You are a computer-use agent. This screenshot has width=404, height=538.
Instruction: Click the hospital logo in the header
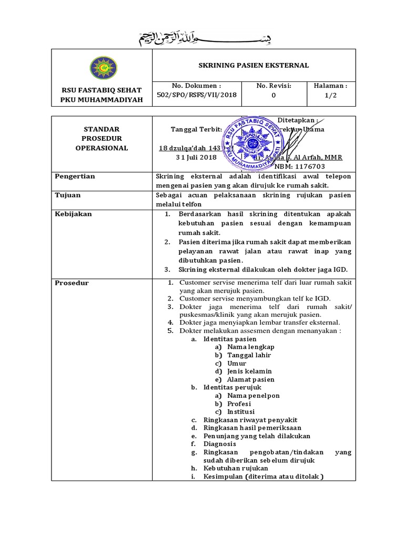pyautogui.click(x=101, y=68)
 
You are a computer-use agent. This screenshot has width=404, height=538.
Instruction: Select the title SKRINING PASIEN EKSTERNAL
pyautogui.click(x=253, y=66)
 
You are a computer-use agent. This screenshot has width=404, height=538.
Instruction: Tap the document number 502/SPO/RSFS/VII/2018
pyautogui.click(x=196, y=95)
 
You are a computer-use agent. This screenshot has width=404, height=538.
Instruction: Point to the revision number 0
pyautogui.click(x=273, y=95)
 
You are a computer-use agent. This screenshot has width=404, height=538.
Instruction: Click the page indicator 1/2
pyautogui.click(x=330, y=95)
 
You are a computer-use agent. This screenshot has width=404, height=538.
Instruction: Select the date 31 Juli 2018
pyautogui.click(x=196, y=157)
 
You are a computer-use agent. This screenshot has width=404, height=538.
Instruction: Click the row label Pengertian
pyautogui.click(x=75, y=177)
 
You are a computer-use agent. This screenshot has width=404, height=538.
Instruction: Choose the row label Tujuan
pyautogui.click(x=68, y=195)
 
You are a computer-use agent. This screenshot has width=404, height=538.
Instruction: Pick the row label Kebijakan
pyautogui.click(x=74, y=214)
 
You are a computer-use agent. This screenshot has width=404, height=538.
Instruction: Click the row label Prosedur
pyautogui.click(x=72, y=283)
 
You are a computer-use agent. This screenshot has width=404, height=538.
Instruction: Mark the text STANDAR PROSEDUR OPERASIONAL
pyautogui.click(x=101, y=139)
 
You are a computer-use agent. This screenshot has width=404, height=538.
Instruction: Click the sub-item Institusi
pyautogui.click(x=240, y=411)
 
